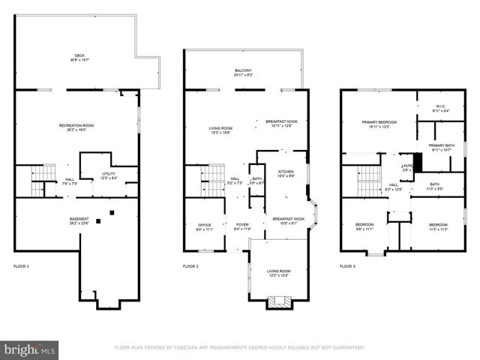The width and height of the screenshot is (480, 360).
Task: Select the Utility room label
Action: pyautogui.click(x=109, y=176)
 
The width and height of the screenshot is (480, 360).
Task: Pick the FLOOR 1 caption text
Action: pyautogui.click(x=22, y=266)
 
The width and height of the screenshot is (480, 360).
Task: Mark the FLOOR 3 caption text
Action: pyautogui.click(x=348, y=266)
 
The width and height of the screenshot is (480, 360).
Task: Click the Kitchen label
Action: pyautogui.click(x=286, y=173)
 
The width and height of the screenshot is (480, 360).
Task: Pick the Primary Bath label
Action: pyautogui.click(x=440, y=147)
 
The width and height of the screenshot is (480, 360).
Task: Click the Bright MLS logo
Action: pyautogui.click(x=30, y=349)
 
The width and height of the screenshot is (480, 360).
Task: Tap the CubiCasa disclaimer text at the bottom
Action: pyautogui.click(x=239, y=347)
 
